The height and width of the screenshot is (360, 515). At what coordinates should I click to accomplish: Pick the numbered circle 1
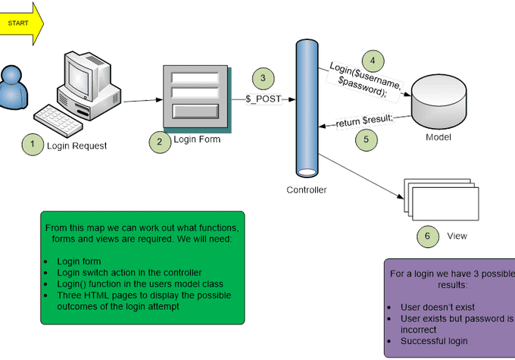point(33,144)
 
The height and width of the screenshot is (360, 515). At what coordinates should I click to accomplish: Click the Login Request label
point(76,145)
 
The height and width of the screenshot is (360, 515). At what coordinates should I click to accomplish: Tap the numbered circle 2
point(159,140)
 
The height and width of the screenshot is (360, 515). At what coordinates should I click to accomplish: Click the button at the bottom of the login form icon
point(195,111)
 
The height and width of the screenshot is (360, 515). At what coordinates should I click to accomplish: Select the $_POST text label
point(263,99)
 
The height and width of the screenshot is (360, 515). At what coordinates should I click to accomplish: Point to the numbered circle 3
point(263,77)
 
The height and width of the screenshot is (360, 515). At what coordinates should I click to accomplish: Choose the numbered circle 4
point(371,61)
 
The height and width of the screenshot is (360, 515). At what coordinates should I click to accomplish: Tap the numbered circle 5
point(366,139)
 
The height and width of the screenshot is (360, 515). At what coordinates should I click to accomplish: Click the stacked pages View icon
point(432,199)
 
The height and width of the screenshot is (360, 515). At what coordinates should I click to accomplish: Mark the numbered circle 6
point(428,236)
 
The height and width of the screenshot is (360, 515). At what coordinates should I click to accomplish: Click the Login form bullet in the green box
point(79,261)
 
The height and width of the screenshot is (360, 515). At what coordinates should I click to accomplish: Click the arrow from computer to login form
point(142,99)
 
